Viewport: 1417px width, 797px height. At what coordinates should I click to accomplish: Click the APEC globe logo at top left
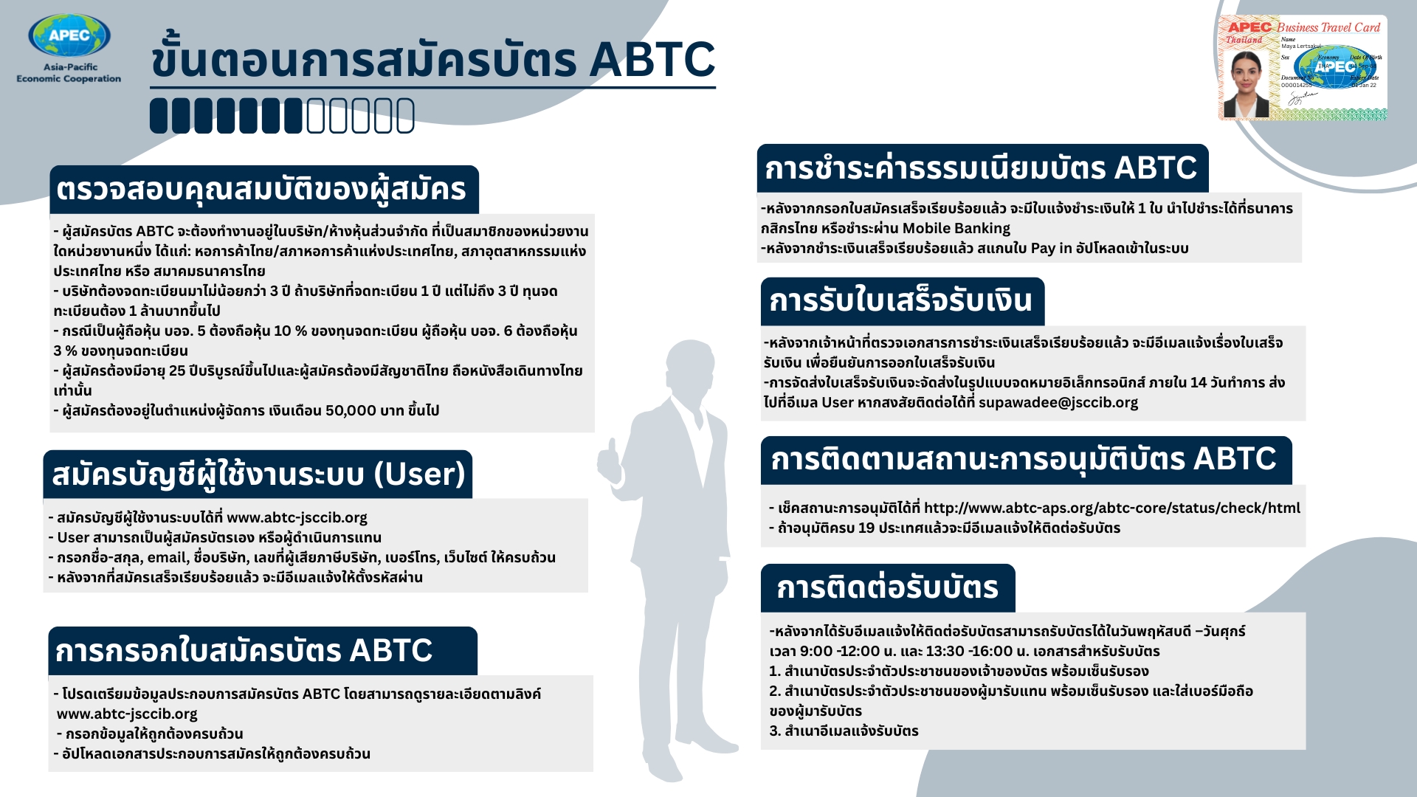(x=69, y=35)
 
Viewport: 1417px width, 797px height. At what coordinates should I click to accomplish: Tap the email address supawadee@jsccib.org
(x=1058, y=403)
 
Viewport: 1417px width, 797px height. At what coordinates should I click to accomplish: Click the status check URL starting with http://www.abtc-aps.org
(x=1111, y=508)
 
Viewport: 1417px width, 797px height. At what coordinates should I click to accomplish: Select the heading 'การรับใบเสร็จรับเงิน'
(x=901, y=301)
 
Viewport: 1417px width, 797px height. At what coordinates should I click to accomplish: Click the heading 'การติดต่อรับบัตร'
(x=887, y=588)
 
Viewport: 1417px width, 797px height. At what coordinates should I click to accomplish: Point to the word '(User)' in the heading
(x=420, y=474)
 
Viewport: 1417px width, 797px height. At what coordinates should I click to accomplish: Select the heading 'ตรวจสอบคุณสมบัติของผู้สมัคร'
(x=262, y=190)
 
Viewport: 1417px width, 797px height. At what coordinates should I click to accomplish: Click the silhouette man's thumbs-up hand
(x=610, y=458)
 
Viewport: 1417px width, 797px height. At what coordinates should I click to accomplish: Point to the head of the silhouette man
(x=691, y=367)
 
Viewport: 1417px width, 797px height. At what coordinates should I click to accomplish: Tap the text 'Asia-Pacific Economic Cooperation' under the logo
(x=69, y=73)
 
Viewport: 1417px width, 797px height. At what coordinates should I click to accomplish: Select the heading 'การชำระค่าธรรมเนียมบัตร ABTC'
(x=981, y=168)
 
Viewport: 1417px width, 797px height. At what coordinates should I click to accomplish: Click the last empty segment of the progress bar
(x=405, y=116)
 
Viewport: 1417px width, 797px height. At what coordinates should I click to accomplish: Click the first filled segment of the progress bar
(x=159, y=116)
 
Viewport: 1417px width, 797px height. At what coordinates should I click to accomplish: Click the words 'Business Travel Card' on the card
(x=1328, y=28)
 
